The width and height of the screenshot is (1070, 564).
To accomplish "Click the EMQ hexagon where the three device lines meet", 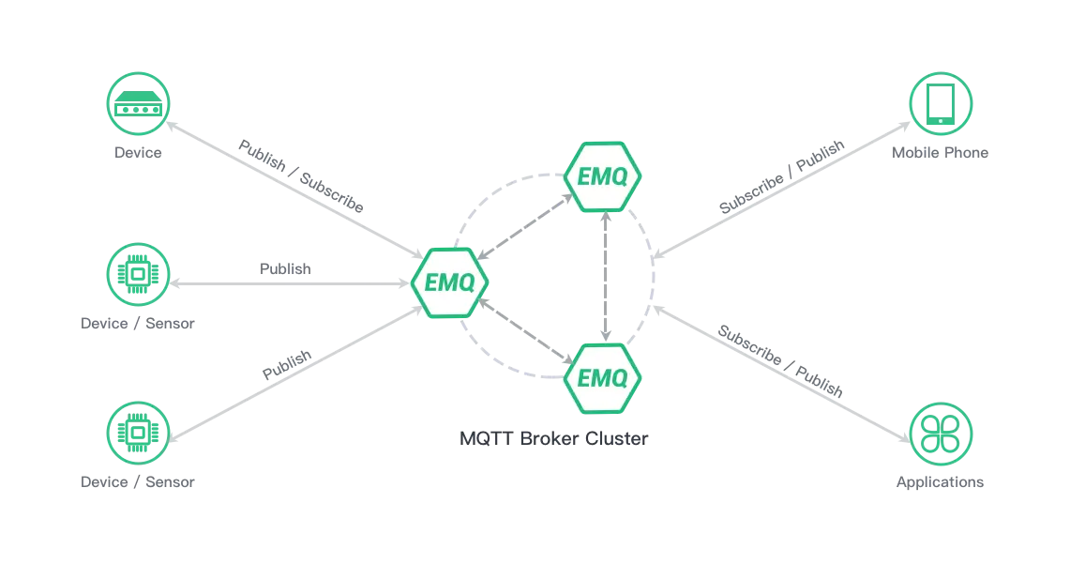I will point(450,282).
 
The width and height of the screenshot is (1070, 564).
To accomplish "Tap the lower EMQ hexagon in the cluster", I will point(604,377).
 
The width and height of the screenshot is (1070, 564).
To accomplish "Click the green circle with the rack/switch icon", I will point(139,107).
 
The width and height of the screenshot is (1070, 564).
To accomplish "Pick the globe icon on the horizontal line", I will point(139,273).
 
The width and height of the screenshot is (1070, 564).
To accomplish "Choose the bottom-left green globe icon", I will point(139,432).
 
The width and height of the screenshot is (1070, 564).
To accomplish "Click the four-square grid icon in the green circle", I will point(941,432).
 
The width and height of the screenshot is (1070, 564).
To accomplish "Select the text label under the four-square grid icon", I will point(941,480).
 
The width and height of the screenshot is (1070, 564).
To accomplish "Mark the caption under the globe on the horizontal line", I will point(136,323).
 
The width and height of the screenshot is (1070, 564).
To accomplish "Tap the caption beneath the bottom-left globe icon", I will point(136,480).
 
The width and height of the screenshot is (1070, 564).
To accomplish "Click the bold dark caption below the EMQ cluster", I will point(550,439).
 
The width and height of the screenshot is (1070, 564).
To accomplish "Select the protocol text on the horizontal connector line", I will point(284,272).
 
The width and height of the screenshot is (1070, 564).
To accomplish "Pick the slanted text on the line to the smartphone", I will point(780,175).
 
